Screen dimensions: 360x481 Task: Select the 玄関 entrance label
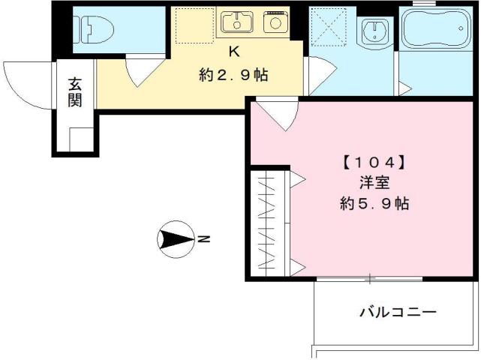[74, 91]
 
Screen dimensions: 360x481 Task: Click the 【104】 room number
[374, 161]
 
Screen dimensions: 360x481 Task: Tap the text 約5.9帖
[374, 203]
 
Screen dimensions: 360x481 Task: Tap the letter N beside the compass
[204, 240]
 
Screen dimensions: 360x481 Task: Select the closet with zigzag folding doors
[269, 222]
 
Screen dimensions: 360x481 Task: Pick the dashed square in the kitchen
[188, 25]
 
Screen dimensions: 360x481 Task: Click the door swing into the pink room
[277, 114]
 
